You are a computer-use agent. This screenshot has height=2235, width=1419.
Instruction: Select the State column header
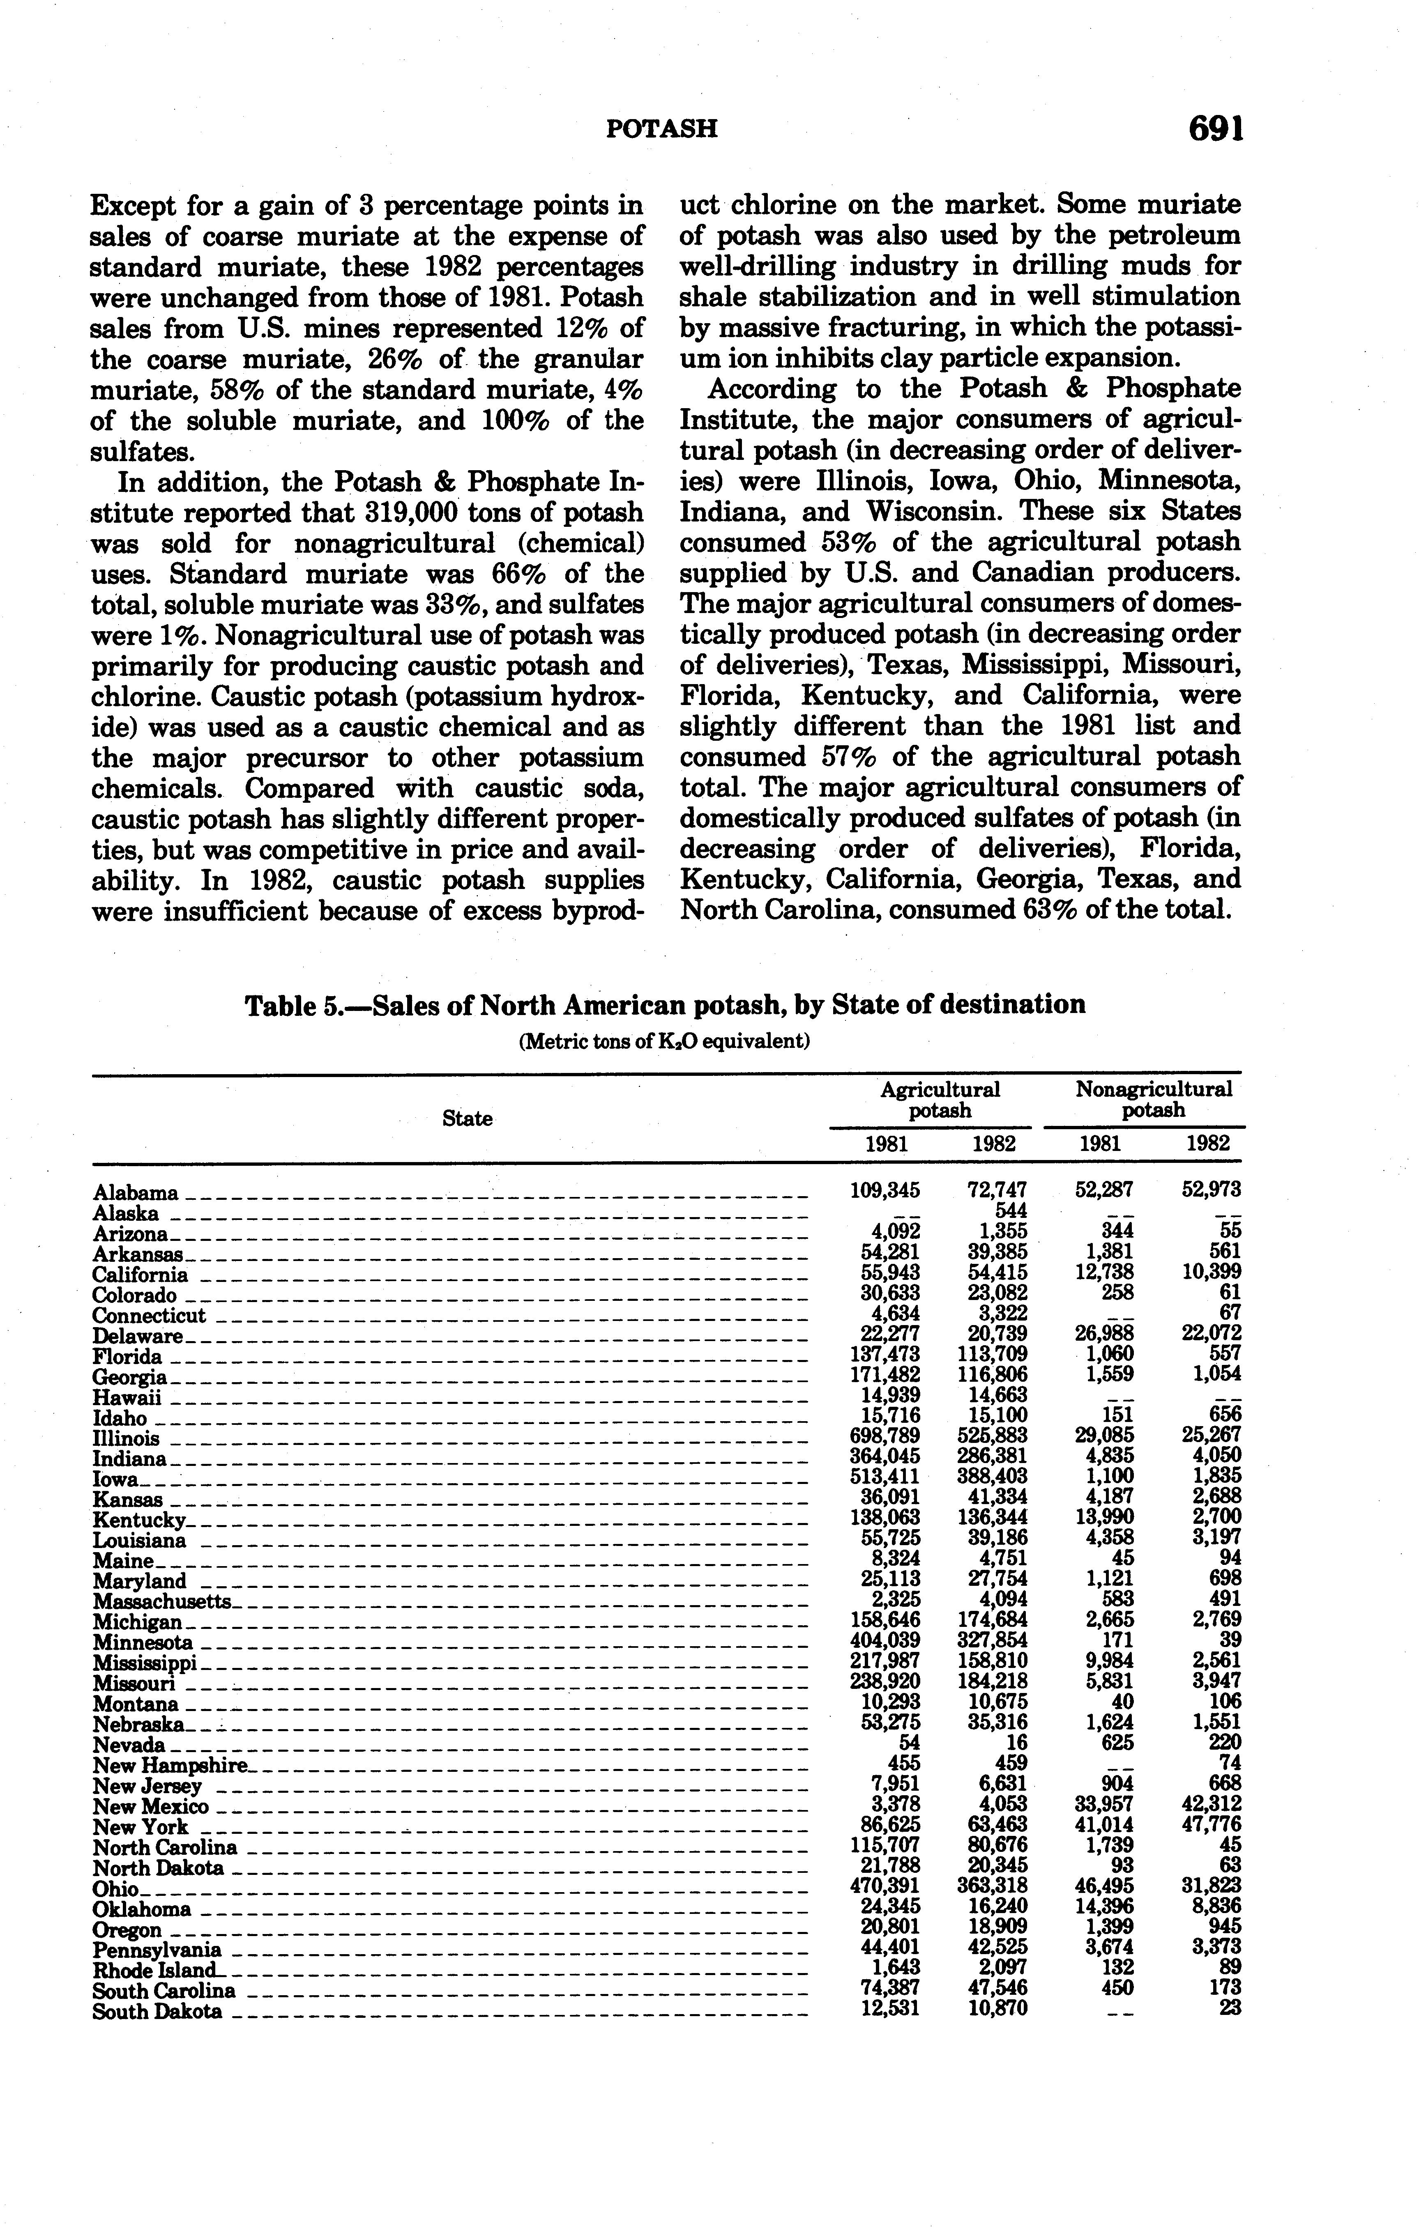(467, 1119)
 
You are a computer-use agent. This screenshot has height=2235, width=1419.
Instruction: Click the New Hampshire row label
(170, 1764)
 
